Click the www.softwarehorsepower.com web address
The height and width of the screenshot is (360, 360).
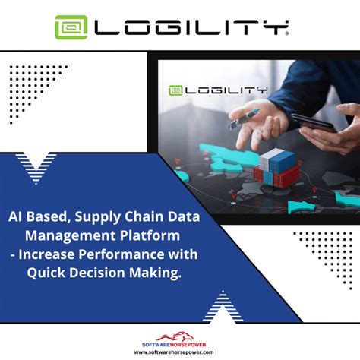(180, 352)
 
